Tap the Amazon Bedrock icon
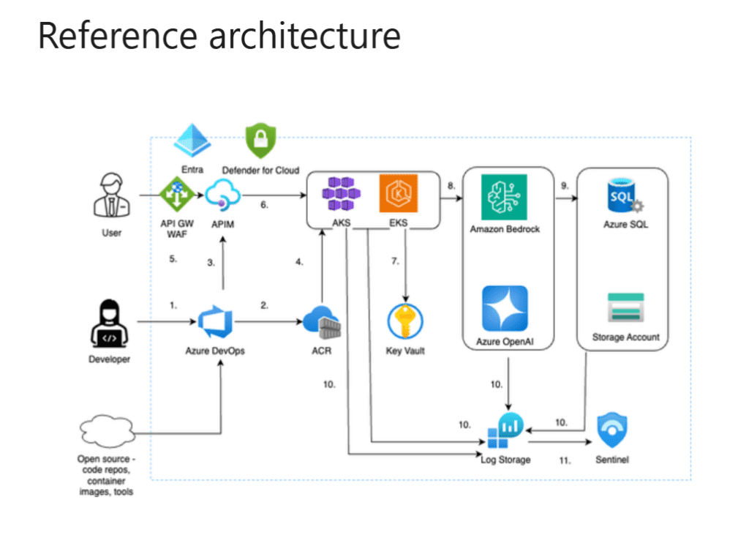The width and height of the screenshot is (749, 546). (504, 197)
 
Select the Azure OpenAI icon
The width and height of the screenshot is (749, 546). (504, 308)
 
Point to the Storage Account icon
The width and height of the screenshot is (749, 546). (626, 308)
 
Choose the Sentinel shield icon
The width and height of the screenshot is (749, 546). (613, 431)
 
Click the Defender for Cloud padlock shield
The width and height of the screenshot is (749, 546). (260, 142)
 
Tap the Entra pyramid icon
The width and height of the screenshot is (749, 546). (192, 139)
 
